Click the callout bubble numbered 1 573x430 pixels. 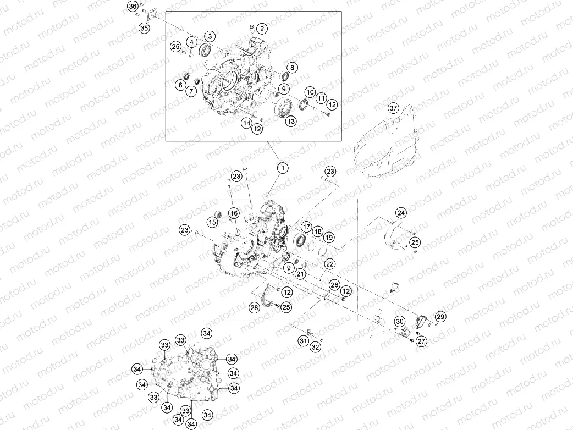283,168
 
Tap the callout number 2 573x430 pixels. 262,29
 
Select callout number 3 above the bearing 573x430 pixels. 210,36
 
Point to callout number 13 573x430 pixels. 291,122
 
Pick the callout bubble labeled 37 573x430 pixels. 393,108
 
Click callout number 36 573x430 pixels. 133,7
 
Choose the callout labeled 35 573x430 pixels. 144,27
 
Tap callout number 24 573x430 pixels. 401,213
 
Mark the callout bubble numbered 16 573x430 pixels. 234,213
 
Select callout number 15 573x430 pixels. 212,222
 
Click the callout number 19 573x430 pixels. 329,237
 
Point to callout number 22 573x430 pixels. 330,264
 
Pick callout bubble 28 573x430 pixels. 255,307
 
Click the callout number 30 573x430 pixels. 400,322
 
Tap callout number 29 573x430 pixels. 440,316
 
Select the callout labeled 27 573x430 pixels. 422,341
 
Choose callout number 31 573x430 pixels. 304,341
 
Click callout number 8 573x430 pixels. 292,68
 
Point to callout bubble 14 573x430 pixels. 247,123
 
